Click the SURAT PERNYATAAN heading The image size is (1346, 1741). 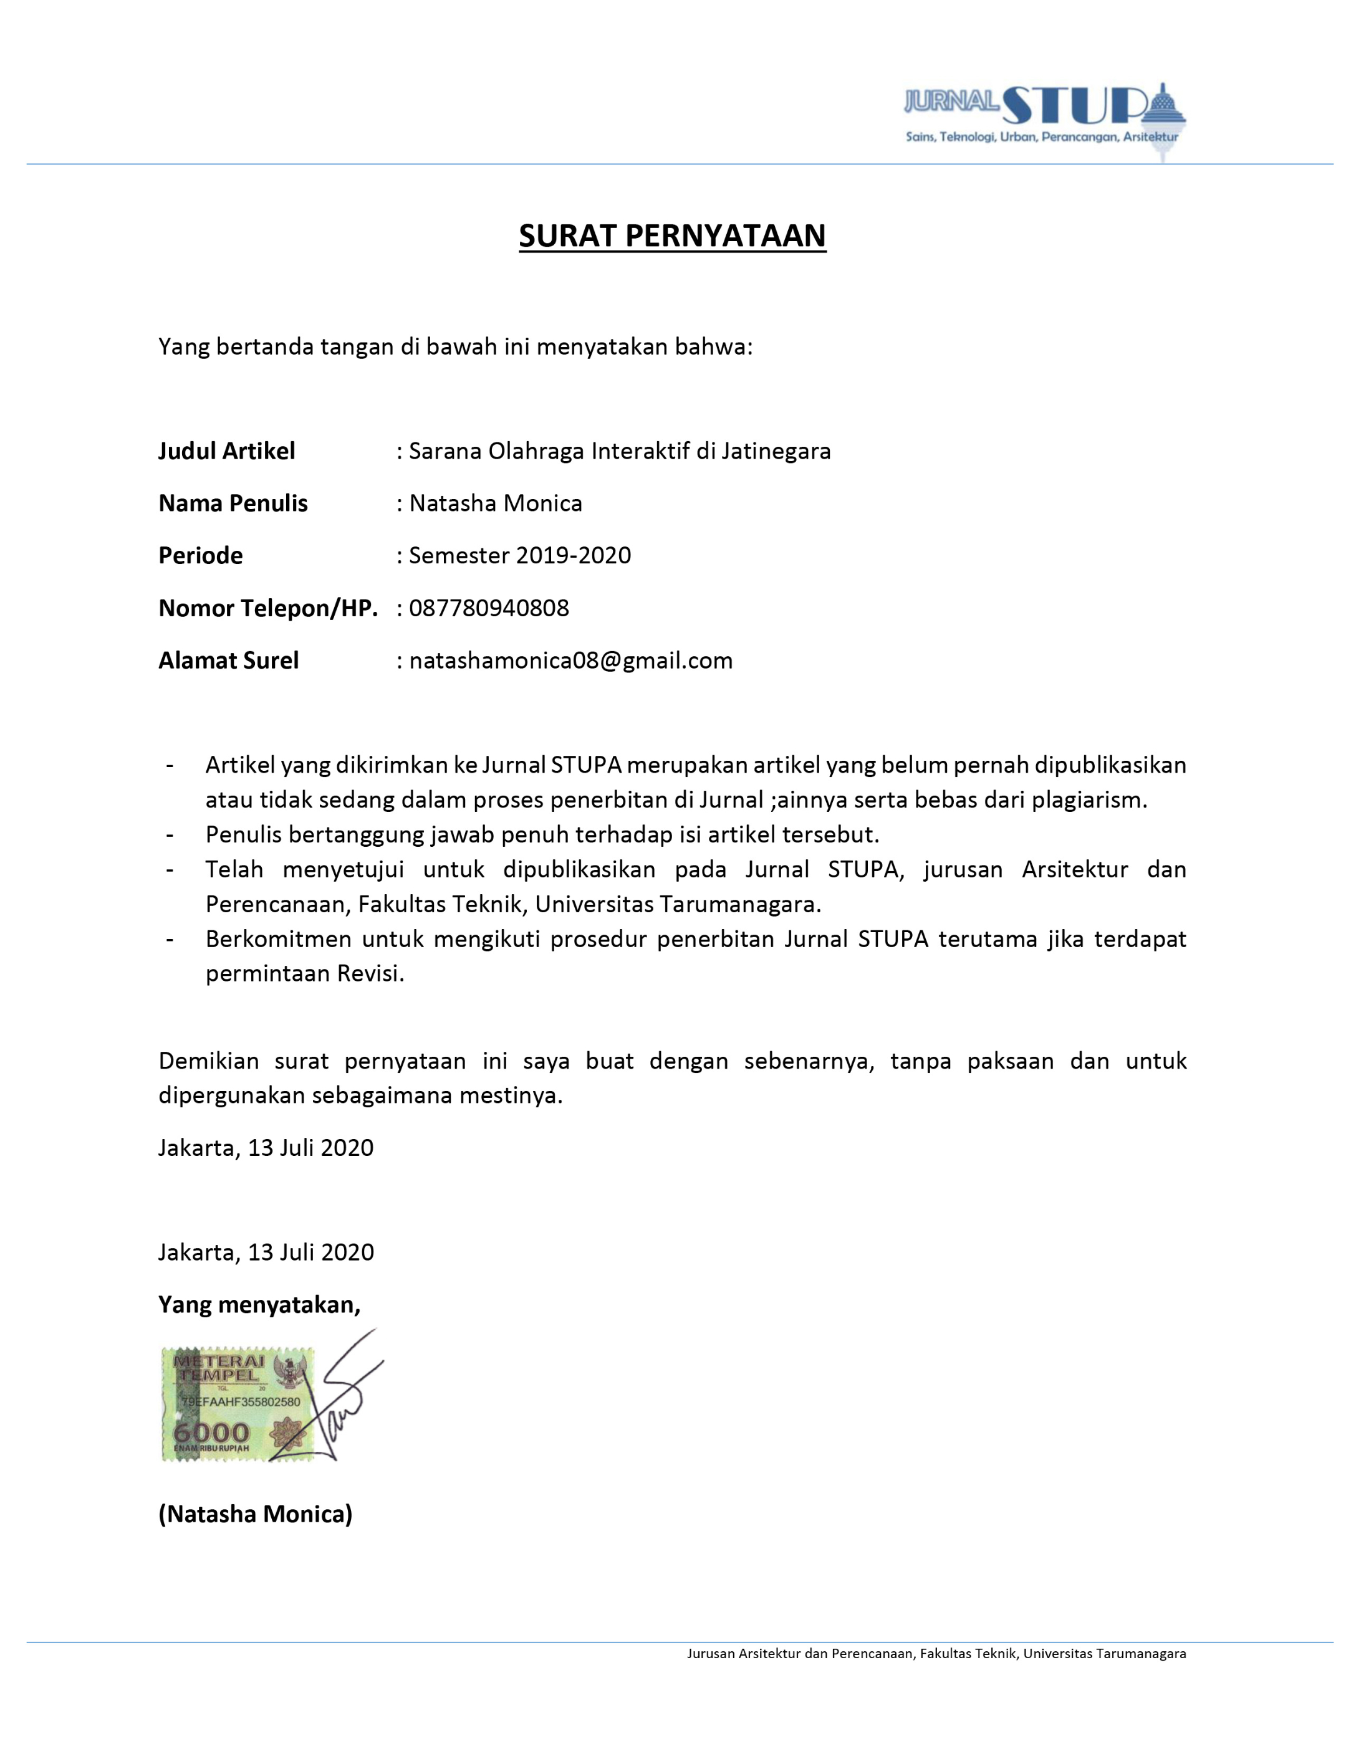coord(672,236)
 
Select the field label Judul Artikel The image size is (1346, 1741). coord(226,451)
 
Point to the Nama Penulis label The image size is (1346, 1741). coord(233,503)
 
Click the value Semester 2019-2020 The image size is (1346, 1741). coord(519,556)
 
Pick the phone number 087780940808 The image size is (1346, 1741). coord(489,608)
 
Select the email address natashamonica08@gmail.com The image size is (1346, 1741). coord(570,661)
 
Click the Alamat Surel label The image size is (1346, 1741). coord(228,661)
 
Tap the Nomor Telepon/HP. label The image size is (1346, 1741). coord(268,608)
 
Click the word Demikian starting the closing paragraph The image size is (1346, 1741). coord(208,1061)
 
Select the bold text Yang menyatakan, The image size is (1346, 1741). coord(259,1305)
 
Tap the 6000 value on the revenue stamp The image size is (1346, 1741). coord(211,1433)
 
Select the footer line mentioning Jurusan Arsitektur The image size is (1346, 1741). coord(936,1653)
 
